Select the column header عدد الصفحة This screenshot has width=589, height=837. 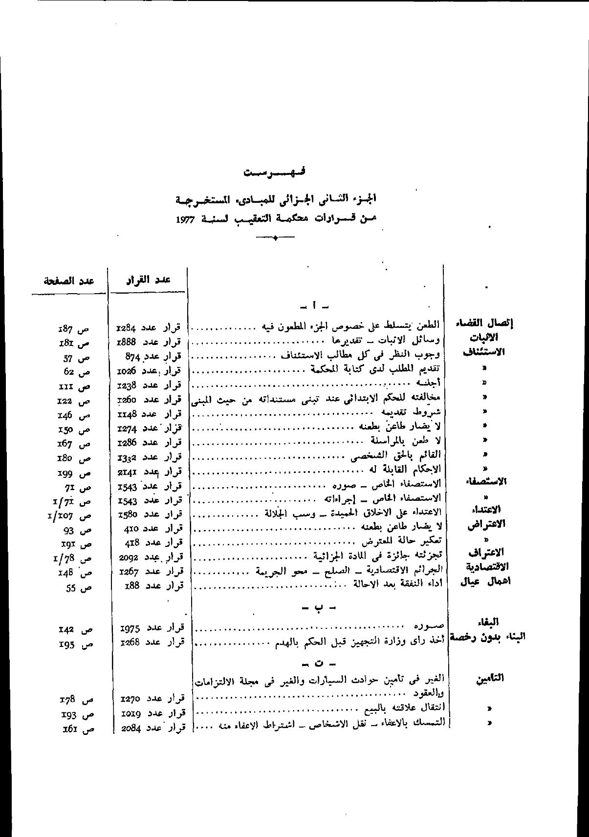click(x=68, y=280)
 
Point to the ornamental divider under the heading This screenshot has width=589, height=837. click(x=275, y=238)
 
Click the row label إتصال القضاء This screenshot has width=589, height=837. click(x=484, y=323)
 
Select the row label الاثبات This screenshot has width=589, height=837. click(x=483, y=338)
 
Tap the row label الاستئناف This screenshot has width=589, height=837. click(x=483, y=352)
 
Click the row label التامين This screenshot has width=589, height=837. click(x=489, y=678)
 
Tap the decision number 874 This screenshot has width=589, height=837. click(x=133, y=357)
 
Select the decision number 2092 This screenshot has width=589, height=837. click(x=129, y=558)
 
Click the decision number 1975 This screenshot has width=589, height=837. click(x=130, y=629)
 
